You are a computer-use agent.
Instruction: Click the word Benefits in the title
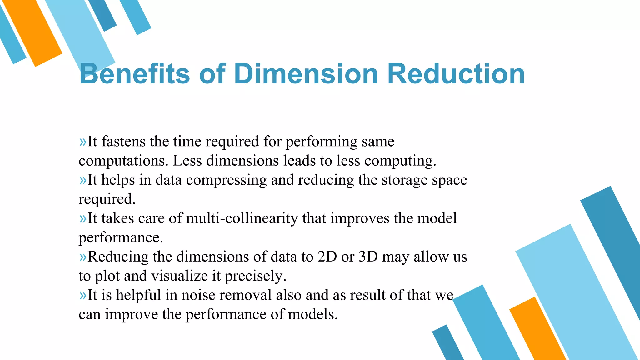[134, 74]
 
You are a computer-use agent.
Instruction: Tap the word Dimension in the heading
[306, 74]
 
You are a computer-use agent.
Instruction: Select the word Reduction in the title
[456, 74]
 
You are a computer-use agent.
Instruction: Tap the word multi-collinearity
[242, 218]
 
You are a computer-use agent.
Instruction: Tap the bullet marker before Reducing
[83, 257]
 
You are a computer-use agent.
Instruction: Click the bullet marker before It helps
[83, 180]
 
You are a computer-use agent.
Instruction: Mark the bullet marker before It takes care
[83, 219]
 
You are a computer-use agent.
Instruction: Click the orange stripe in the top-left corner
[33, 33]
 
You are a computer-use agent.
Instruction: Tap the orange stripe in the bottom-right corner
[537, 331]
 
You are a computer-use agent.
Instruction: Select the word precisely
[255, 276]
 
